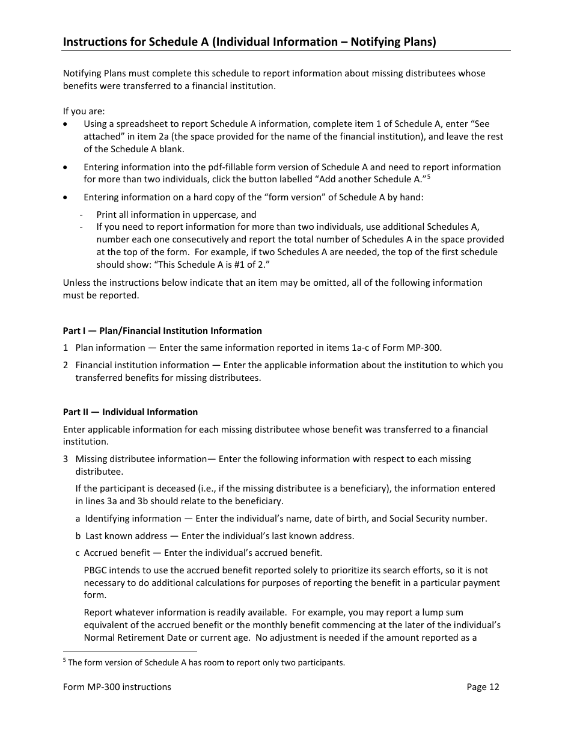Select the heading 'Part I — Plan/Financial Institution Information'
coord(162,331)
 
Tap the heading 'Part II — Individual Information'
coord(130,412)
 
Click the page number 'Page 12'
coord(483,687)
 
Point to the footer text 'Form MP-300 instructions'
coord(117,687)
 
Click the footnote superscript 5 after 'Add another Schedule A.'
coord(429,177)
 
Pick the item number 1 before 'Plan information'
coord(66,348)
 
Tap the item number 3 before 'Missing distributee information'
coord(66,459)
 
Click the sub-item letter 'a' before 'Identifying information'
coord(78,519)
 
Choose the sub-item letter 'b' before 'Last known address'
coord(78,536)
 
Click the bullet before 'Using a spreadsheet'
coord(66,125)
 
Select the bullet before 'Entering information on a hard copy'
coord(66,197)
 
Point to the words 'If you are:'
coord(84,111)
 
